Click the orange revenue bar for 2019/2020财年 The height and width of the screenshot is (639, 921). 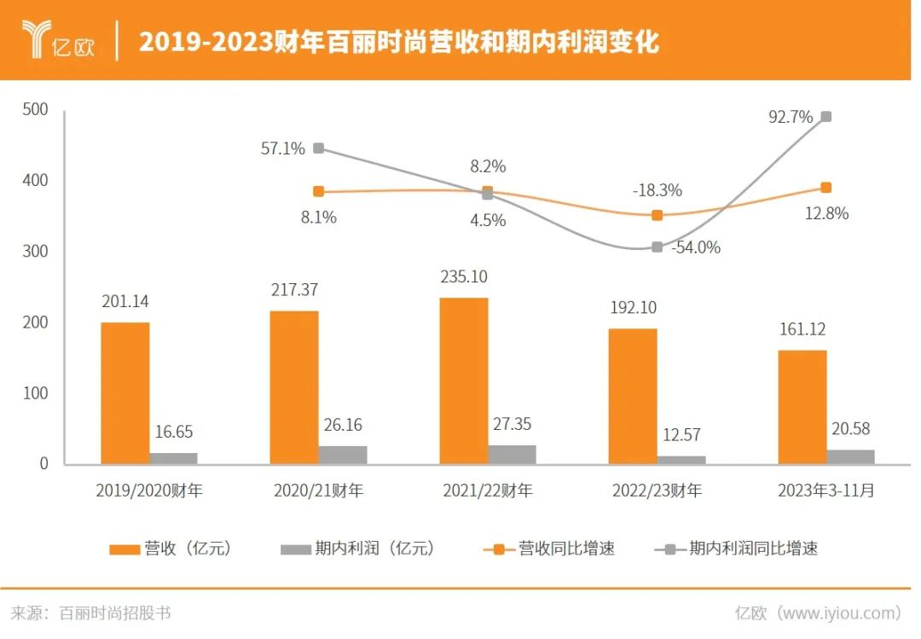[x=125, y=393]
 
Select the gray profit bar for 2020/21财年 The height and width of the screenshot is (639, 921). [x=343, y=455]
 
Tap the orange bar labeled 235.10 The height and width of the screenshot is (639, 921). [x=464, y=381]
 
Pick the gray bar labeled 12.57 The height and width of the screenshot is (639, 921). [x=681, y=460]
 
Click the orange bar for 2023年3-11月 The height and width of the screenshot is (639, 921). [x=802, y=407]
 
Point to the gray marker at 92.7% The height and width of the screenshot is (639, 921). [x=825, y=117]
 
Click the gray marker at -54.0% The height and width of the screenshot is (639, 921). [x=657, y=247]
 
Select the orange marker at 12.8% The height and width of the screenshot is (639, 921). [x=825, y=188]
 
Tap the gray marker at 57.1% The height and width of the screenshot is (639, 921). [x=318, y=148]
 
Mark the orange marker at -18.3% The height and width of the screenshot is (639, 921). [x=657, y=215]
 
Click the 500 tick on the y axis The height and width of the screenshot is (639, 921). [x=36, y=110]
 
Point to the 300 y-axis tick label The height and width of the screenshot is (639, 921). [x=36, y=252]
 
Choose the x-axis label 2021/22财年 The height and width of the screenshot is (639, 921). [x=488, y=491]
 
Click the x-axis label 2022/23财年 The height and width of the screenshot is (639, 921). [x=657, y=491]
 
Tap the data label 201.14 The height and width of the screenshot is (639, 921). [x=125, y=301]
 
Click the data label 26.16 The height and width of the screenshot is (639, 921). [x=343, y=424]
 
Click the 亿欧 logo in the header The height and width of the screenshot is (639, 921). [x=59, y=39]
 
